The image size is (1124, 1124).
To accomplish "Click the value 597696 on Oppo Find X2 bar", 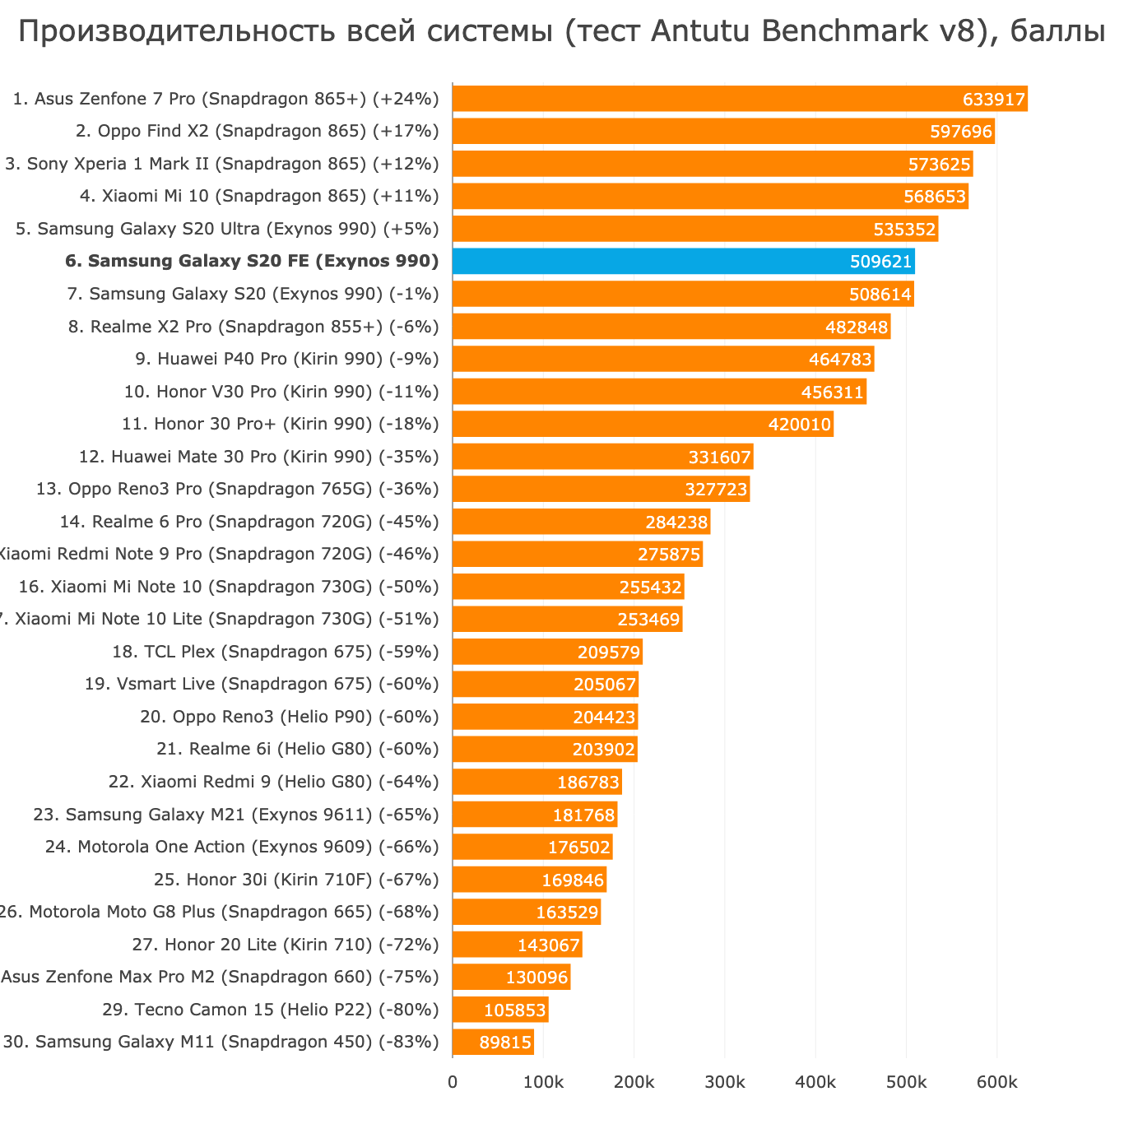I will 961,132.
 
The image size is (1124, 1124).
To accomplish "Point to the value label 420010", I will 800,425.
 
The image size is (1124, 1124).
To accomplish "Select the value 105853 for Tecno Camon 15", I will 515,1010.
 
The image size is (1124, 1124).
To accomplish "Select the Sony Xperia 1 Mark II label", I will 222,164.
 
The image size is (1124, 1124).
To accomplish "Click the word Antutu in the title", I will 702,31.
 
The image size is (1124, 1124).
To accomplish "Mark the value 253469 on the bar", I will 648,620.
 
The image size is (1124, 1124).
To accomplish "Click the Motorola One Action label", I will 243,847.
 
